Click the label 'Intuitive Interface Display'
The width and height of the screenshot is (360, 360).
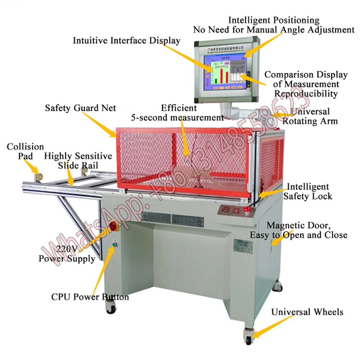[126, 40]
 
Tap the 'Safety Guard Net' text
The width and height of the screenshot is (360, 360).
[80, 108]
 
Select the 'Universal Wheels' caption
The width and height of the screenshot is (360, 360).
[307, 311]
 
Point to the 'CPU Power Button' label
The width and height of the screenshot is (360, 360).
[90, 297]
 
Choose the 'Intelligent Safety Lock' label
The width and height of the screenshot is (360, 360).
[307, 191]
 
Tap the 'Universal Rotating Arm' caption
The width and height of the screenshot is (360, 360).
[310, 116]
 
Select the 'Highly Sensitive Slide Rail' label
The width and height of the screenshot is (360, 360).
[78, 161]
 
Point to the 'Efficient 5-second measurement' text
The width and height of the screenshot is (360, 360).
[177, 113]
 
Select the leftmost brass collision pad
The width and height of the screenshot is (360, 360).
[39, 177]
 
